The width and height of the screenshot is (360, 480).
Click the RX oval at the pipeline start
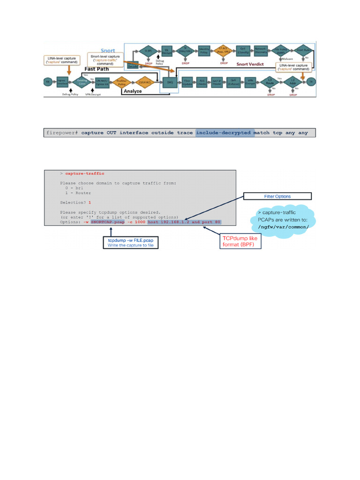click(47, 81)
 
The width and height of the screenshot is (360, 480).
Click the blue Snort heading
click(108, 51)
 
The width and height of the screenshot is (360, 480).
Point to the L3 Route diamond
click(270, 81)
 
